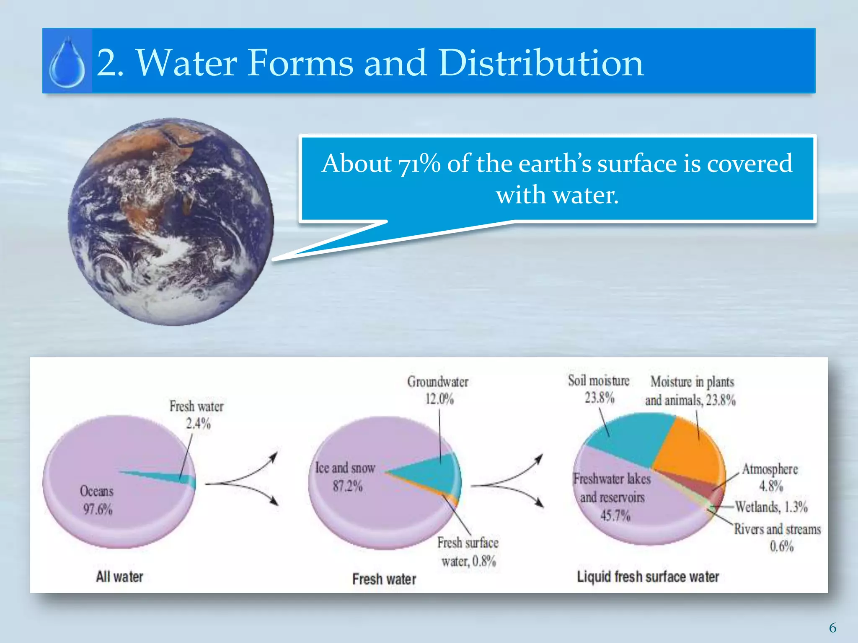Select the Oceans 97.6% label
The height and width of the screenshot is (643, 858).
tap(97, 500)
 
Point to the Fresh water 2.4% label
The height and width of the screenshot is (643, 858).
tap(196, 414)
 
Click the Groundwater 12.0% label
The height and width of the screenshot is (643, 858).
tap(438, 390)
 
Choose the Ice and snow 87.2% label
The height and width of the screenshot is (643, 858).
tap(345, 477)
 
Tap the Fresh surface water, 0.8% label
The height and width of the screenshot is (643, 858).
tap(468, 552)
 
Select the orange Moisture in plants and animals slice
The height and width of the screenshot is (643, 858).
tap(687, 452)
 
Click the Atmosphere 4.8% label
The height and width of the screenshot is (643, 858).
tap(770, 477)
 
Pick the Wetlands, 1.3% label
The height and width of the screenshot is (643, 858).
tap(771, 507)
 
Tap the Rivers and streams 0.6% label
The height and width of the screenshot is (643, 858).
tap(778, 538)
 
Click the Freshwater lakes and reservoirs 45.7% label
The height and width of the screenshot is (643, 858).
tap(612, 497)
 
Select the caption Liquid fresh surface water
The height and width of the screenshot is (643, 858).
tap(648, 577)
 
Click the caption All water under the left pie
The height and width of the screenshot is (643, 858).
tap(119, 577)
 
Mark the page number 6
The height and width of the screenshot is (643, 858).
tap(832, 628)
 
